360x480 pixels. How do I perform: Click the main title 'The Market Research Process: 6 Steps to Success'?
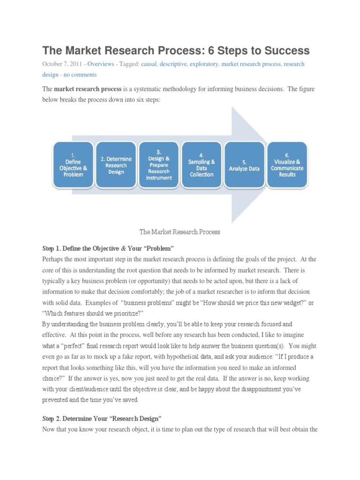tap(176, 50)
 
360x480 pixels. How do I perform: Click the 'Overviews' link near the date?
tap(100, 64)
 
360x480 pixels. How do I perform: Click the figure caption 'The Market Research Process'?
tap(180, 232)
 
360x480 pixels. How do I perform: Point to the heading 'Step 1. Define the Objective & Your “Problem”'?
tap(108, 248)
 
